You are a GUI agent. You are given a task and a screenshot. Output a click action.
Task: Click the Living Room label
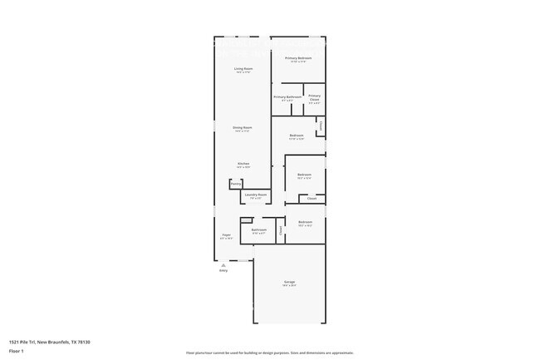click(243, 68)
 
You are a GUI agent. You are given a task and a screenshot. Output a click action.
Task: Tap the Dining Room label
click(243, 127)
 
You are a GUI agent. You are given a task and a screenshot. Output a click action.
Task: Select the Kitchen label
click(243, 164)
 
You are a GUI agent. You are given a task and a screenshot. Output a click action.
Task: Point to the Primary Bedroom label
click(298, 58)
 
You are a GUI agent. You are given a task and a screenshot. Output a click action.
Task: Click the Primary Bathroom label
click(287, 96)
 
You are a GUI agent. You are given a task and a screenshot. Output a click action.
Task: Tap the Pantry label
click(235, 184)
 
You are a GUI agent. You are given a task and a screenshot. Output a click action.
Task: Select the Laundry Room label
click(255, 195)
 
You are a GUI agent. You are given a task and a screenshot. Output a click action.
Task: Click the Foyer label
click(226, 235)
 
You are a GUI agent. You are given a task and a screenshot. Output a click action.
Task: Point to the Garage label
click(289, 283)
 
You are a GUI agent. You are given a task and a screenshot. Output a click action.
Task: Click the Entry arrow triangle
click(223, 264)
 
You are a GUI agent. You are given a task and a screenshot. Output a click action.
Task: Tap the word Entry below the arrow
click(223, 270)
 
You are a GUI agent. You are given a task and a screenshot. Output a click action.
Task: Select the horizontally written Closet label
click(312, 198)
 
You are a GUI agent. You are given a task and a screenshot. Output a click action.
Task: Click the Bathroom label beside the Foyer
click(258, 229)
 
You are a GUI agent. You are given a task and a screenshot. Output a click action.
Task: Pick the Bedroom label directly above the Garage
click(305, 222)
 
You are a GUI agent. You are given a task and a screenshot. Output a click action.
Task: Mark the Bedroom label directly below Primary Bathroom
click(297, 136)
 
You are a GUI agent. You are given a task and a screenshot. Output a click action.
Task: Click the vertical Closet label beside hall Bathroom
click(281, 229)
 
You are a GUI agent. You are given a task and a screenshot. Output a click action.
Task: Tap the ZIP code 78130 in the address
click(84, 341)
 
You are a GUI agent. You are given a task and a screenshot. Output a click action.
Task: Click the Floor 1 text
click(16, 351)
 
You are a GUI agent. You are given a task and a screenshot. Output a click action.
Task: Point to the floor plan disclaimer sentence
click(269, 353)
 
